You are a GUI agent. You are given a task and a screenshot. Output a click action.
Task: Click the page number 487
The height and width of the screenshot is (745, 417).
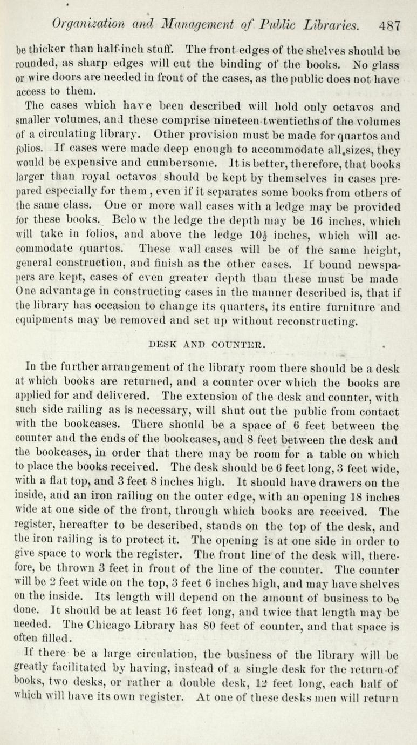tap(389, 25)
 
